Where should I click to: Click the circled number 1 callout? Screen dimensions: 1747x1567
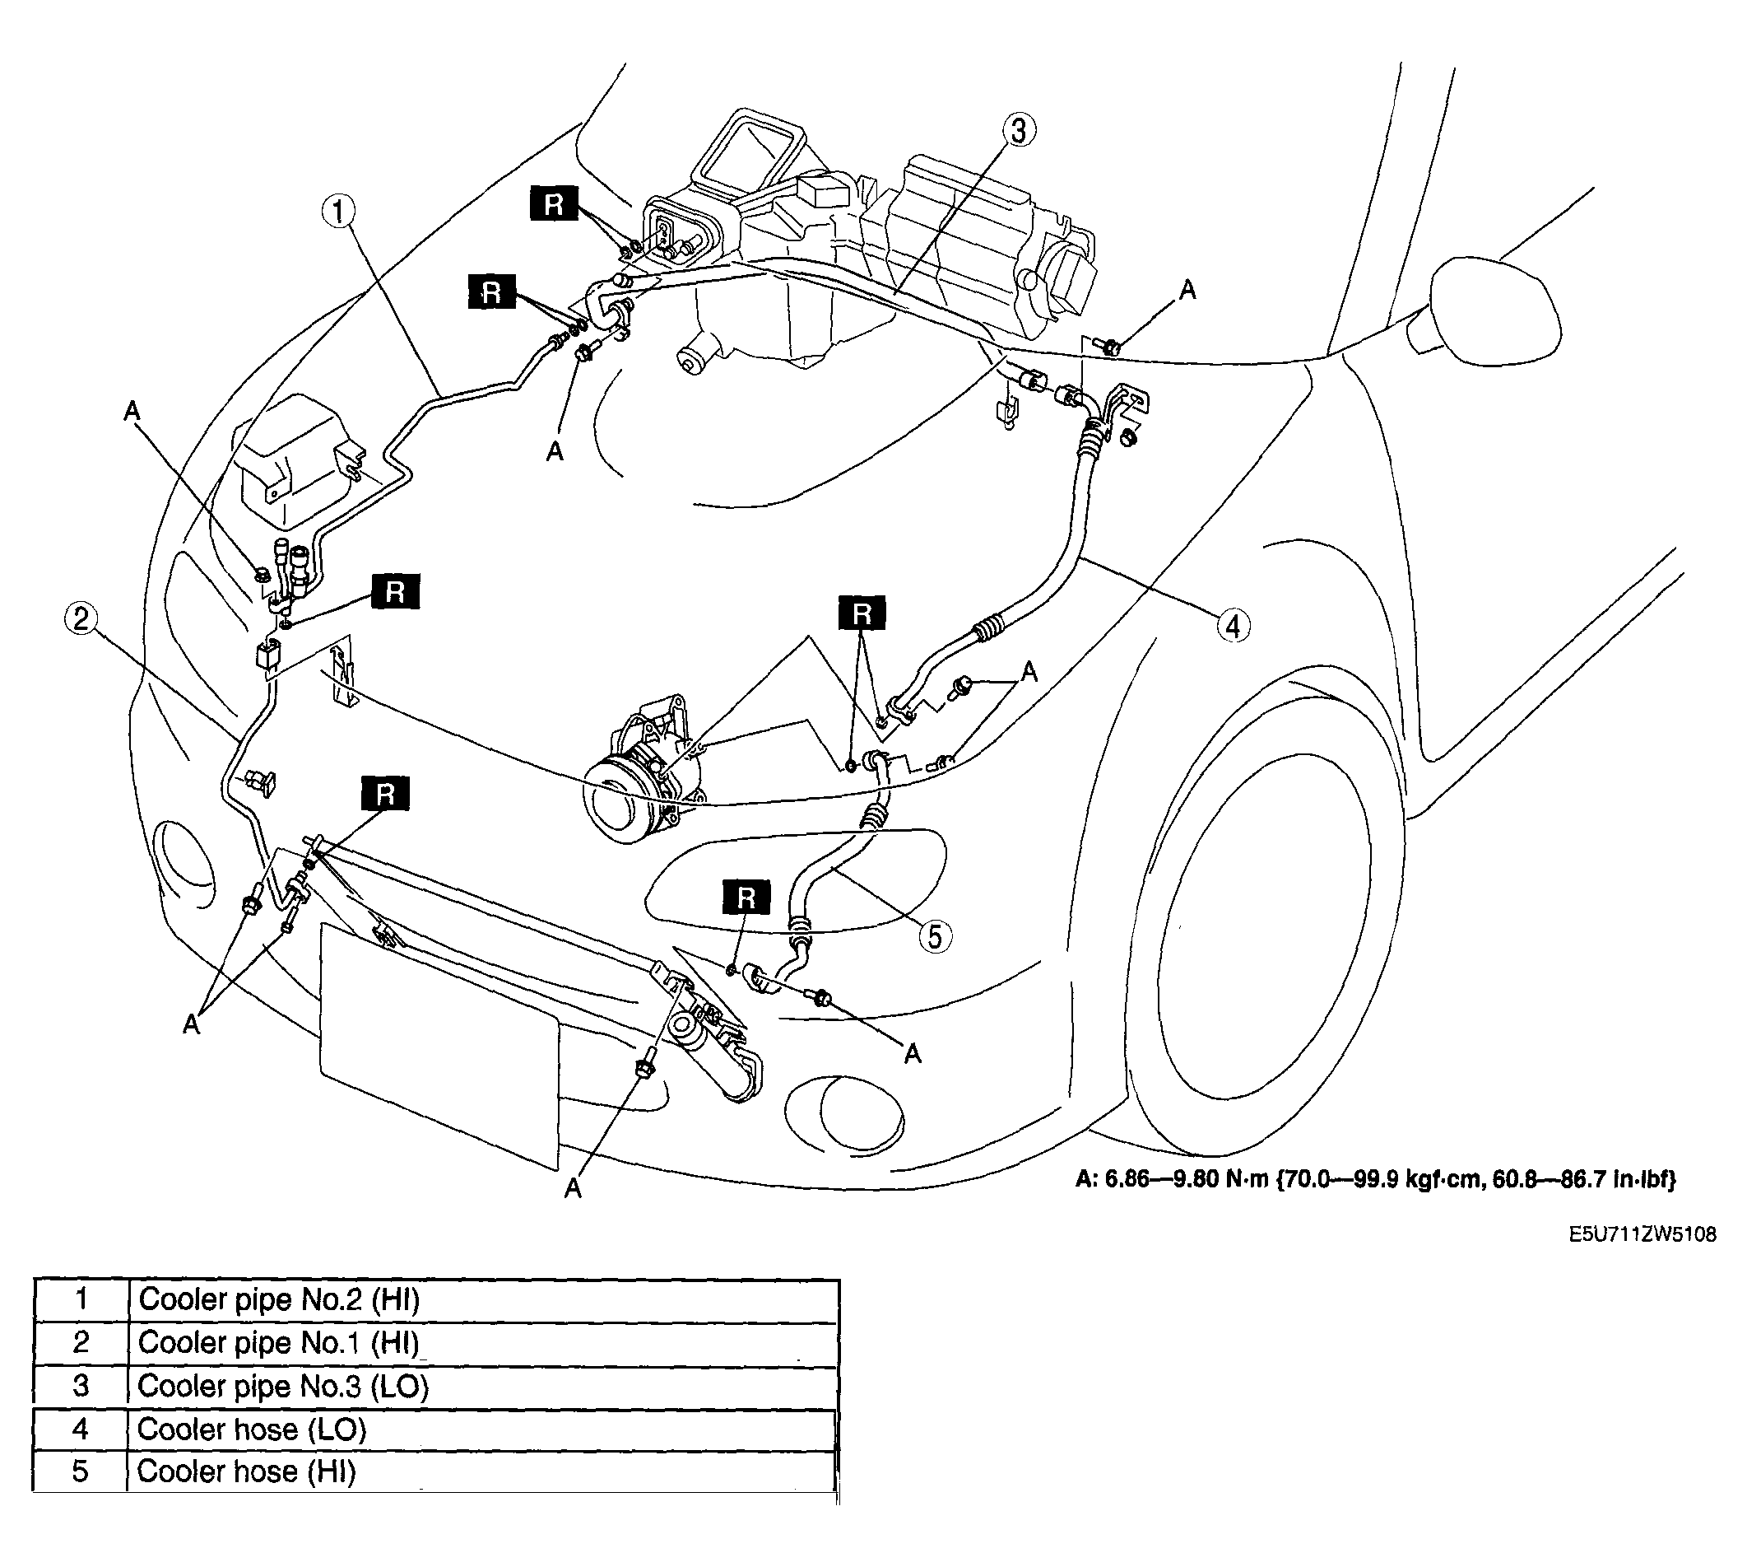(339, 211)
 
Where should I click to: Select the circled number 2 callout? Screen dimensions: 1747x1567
(80, 619)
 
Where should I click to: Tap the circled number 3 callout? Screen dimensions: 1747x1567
(1018, 131)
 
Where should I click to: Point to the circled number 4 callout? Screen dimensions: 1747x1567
(1234, 626)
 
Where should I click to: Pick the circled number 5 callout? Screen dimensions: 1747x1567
(936, 936)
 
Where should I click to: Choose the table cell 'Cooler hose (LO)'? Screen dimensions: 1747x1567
(483, 1430)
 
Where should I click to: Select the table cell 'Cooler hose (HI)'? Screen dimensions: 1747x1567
(483, 1472)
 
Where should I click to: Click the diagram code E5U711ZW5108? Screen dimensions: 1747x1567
(1642, 1234)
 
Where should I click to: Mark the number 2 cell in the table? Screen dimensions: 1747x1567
(81, 1343)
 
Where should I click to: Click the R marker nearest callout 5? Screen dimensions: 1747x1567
(746, 898)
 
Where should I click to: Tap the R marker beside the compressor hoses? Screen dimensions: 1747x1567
(862, 614)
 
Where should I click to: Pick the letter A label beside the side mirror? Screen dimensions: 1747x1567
(1187, 290)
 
